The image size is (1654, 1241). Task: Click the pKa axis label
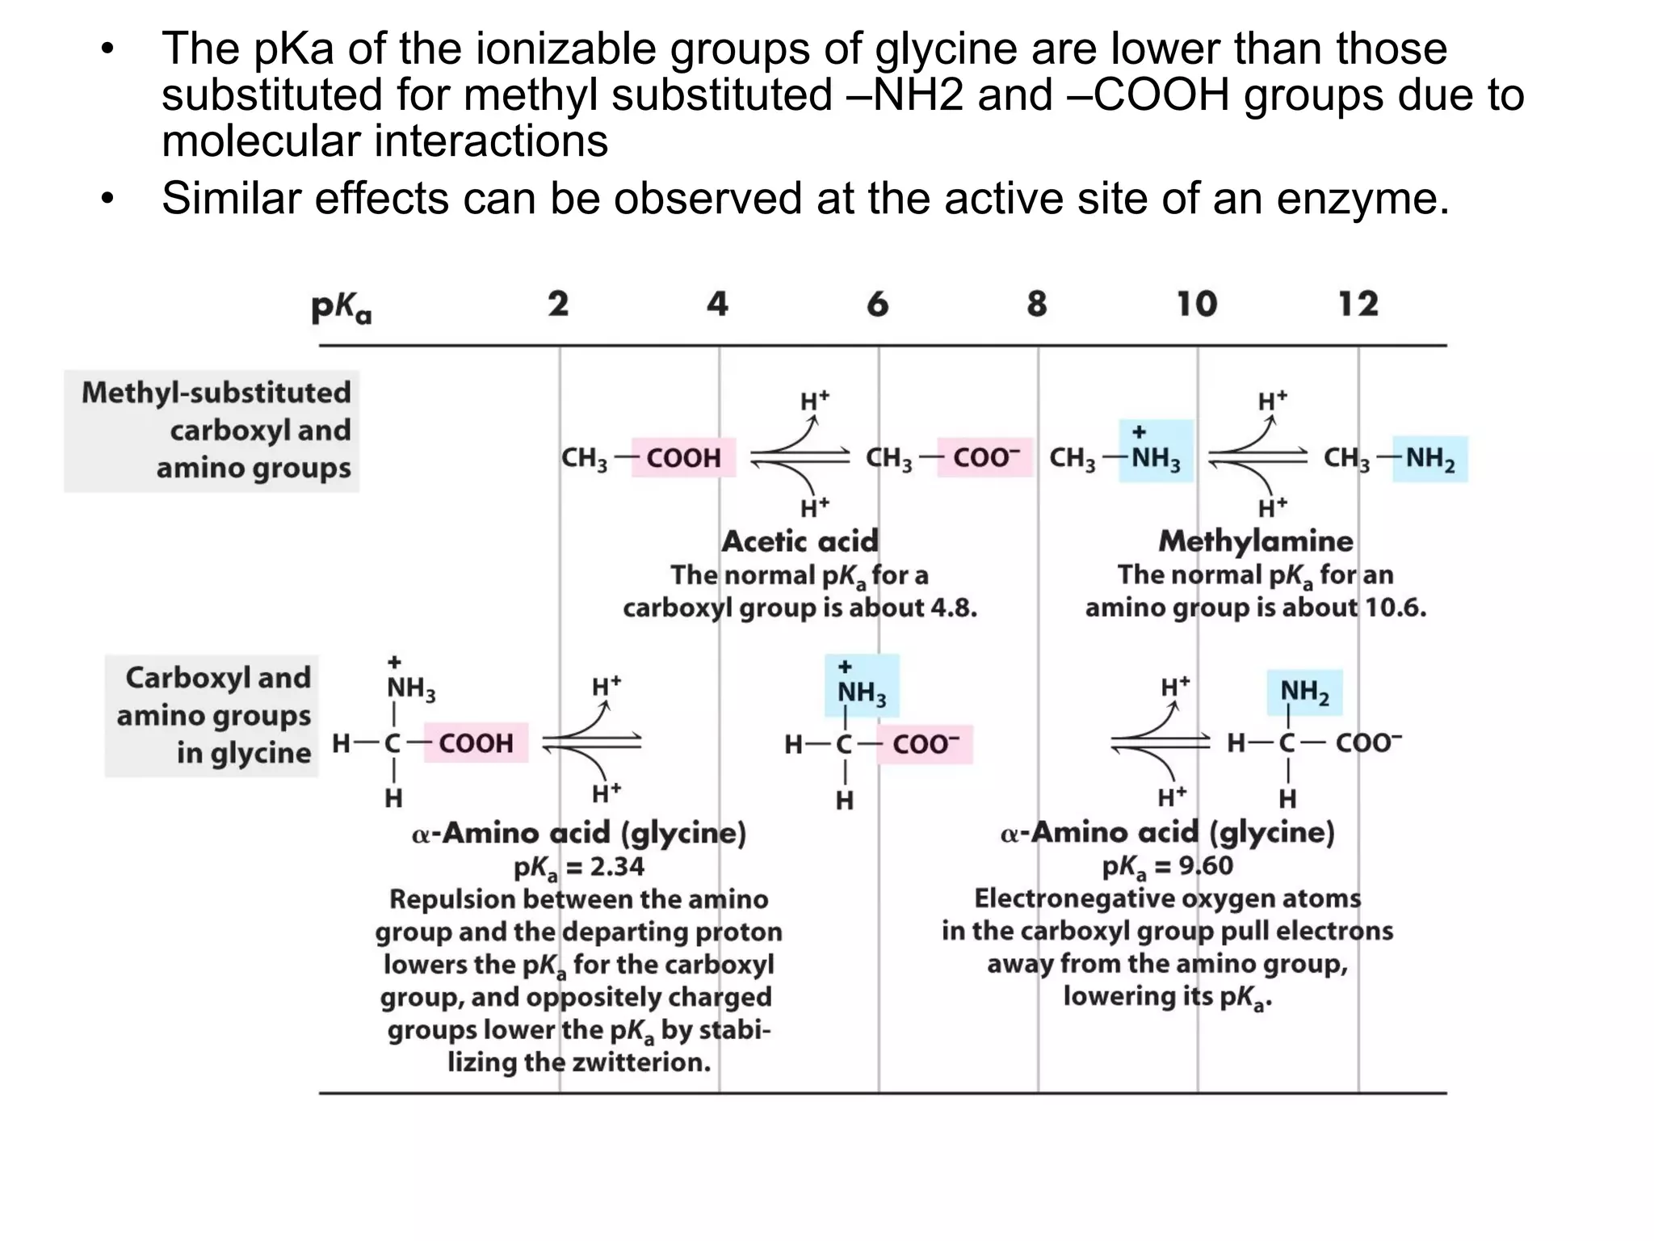pos(342,307)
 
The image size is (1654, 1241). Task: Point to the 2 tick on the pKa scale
pos(558,305)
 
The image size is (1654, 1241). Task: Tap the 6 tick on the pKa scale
pos(878,305)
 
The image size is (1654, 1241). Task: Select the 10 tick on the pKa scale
pos(1196,305)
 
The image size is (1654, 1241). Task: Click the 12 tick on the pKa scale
pos(1358,305)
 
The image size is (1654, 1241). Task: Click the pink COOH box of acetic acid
pos(683,458)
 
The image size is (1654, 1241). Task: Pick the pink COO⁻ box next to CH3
pos(985,458)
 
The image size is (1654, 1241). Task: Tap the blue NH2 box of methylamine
pos(1429,459)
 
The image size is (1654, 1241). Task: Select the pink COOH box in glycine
pos(476,743)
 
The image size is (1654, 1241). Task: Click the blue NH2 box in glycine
pos(1304,692)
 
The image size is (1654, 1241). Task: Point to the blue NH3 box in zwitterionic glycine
pos(862,687)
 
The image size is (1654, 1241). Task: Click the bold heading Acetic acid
pos(800,541)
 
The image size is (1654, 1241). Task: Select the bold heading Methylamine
pos(1256,541)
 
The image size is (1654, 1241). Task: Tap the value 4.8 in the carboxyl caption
pos(954,608)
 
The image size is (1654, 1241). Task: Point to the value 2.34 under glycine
pos(617,867)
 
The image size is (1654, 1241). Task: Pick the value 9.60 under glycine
pos(1206,866)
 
